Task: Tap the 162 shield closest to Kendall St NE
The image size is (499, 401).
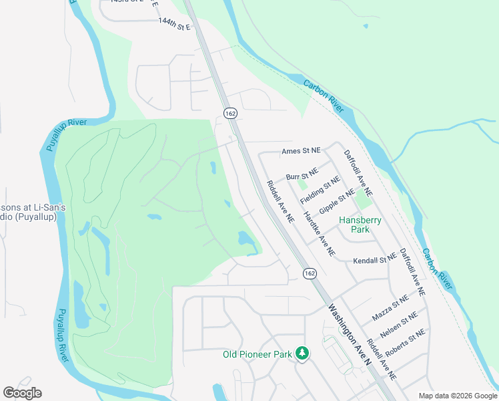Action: (x=309, y=273)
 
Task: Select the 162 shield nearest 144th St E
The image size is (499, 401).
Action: (x=229, y=114)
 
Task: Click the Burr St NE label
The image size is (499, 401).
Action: (x=300, y=177)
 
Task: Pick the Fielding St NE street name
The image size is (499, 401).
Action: (x=320, y=190)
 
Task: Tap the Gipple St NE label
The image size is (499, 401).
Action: (x=336, y=201)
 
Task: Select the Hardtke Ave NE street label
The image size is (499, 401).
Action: (x=319, y=235)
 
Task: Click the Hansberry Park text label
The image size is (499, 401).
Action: (x=354, y=224)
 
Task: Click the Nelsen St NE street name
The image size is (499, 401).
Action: (x=400, y=323)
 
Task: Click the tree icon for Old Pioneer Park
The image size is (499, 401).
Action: (x=302, y=352)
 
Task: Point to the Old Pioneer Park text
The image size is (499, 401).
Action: (x=257, y=354)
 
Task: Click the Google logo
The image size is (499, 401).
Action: (x=22, y=393)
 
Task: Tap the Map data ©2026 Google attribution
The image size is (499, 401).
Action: (x=457, y=396)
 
